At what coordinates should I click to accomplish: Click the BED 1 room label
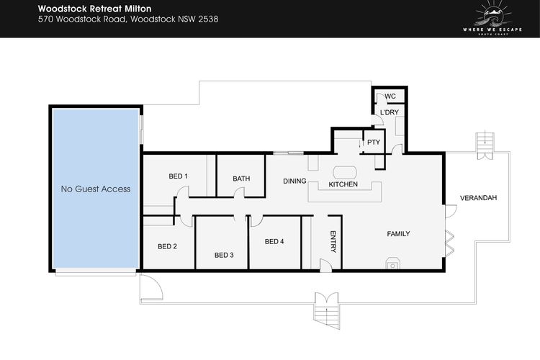tap(178, 176)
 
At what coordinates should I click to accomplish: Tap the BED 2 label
tap(167, 247)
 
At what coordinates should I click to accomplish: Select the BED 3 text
tap(224, 256)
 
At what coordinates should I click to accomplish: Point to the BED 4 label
tap(274, 242)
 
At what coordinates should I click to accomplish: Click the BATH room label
tap(241, 179)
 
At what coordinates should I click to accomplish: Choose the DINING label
tap(294, 181)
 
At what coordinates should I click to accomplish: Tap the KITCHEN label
tap(343, 184)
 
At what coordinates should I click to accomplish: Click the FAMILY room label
tap(398, 234)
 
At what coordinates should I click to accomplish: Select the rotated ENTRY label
tap(333, 241)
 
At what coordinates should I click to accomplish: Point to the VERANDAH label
tap(478, 198)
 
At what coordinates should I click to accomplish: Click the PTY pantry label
tap(373, 143)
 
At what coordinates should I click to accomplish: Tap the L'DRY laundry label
tap(389, 112)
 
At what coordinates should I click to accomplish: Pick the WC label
tap(390, 96)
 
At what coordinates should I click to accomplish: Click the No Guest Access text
tap(96, 189)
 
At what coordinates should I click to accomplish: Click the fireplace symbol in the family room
tap(392, 263)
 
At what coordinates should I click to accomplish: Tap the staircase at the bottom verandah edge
tap(326, 311)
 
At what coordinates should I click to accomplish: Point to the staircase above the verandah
tap(485, 145)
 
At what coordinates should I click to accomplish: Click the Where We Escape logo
tap(492, 18)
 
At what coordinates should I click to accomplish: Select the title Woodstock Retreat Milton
tap(95, 9)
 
